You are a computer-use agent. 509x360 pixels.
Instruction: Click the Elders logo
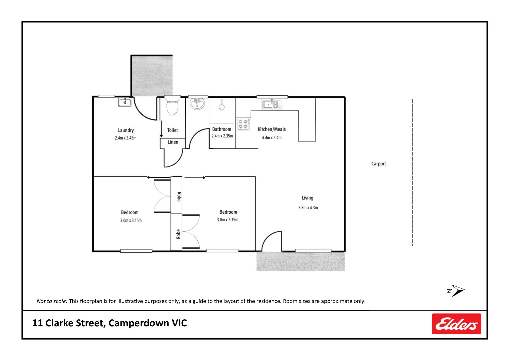pyautogui.click(x=456, y=324)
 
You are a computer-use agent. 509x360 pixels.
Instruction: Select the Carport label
pyautogui.click(x=378, y=164)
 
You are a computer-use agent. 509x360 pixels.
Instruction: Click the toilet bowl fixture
pyautogui.click(x=172, y=106)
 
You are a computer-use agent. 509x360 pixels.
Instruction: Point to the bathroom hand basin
pyautogui.click(x=197, y=104)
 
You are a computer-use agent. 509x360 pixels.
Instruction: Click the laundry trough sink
pyautogui.click(x=125, y=102)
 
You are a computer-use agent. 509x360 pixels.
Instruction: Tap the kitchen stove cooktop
pyautogui.click(x=243, y=124)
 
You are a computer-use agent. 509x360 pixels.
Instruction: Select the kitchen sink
pyautogui.click(x=271, y=105)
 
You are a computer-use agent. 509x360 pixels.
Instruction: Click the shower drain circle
pyautogui.click(x=222, y=107)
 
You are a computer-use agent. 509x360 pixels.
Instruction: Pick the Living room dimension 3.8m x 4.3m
pyautogui.click(x=308, y=208)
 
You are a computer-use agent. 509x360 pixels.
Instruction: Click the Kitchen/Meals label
pyautogui.click(x=271, y=129)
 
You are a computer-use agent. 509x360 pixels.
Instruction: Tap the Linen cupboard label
pyautogui.click(x=173, y=142)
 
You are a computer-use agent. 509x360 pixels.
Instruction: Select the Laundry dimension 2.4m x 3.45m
pyautogui.click(x=126, y=138)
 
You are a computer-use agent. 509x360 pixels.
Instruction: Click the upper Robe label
pyautogui.click(x=179, y=197)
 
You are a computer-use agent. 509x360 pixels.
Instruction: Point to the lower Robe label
pyautogui.click(x=178, y=234)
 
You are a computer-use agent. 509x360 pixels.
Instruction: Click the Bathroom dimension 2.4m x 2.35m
pyautogui.click(x=222, y=136)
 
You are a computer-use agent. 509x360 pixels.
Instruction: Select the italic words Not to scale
pyautogui.click(x=52, y=301)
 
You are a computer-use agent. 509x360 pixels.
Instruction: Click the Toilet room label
pyautogui.click(x=172, y=130)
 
